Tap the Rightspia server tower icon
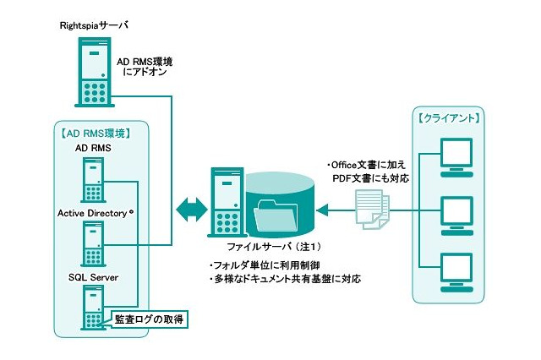pos(93,74)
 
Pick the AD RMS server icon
pos(93,178)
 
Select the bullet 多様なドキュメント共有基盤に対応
pos(284,278)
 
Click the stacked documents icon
pos(369,205)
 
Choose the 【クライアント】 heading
pos(451,117)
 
